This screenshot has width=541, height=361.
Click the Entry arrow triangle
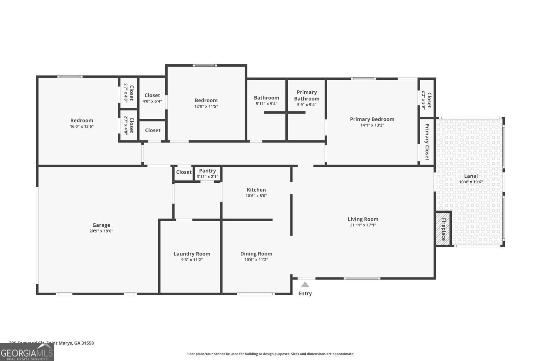tap(305, 285)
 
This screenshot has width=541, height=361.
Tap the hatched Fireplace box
tap(443, 228)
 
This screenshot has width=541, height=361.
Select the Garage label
tap(101, 225)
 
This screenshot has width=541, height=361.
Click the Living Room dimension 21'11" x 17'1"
tap(363, 225)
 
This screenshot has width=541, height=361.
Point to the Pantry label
tap(207, 171)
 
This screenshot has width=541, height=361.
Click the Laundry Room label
tap(192, 254)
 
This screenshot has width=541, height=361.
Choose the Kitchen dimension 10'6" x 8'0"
tap(256, 196)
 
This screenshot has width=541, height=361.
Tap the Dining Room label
tap(256, 254)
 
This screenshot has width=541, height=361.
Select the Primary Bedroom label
tap(372, 119)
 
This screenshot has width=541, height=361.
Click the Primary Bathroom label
tap(307, 95)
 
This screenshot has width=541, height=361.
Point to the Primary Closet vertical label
tap(427, 142)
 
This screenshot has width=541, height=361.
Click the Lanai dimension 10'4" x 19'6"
tap(471, 182)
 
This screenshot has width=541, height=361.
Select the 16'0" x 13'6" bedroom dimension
tap(81, 127)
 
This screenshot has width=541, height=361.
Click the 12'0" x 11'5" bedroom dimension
tap(206, 106)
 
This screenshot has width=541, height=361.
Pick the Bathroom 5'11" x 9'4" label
tap(266, 100)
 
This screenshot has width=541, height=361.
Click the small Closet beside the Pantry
tap(184, 172)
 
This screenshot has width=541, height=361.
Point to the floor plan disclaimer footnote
tap(270, 354)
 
